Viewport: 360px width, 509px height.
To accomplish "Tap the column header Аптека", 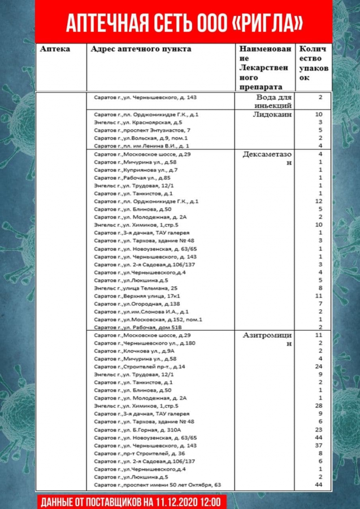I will [x=55, y=49].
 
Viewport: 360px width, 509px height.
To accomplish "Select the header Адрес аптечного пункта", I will [x=141, y=49].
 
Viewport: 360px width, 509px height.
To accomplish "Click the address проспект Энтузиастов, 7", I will [x=138, y=130].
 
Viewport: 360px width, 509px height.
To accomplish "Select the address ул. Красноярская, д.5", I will [x=138, y=122].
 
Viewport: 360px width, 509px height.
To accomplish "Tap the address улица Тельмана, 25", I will [x=136, y=288].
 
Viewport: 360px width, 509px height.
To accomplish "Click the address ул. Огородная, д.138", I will [x=136, y=304].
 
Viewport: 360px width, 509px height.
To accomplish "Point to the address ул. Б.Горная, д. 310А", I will [x=138, y=430].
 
